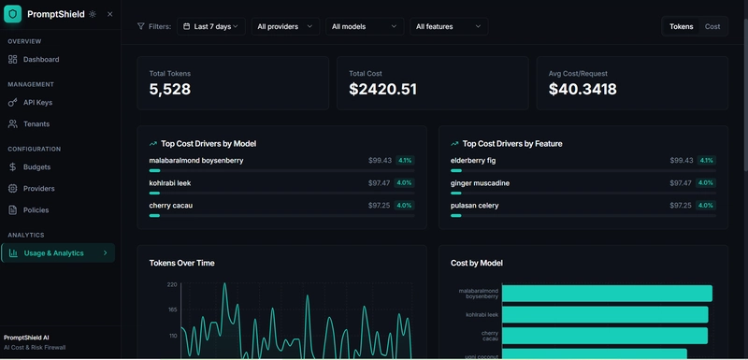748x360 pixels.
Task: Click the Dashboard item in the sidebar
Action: click(40, 60)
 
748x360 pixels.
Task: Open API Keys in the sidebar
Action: click(37, 102)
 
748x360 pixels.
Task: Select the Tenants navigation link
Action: click(36, 123)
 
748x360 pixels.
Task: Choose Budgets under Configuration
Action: click(36, 166)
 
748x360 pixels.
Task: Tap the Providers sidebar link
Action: click(38, 188)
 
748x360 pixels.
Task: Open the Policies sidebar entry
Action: click(36, 209)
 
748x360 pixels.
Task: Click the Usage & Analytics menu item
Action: click(53, 252)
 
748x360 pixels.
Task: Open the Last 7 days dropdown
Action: click(211, 26)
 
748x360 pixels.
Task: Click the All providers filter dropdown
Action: click(284, 26)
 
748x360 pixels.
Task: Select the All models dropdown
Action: click(365, 26)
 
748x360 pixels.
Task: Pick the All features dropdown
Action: click(449, 26)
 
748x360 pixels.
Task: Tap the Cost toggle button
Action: click(712, 26)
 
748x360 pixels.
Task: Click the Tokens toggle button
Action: click(682, 26)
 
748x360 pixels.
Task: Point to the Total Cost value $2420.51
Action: click(382, 90)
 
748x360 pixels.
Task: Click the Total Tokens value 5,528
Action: click(170, 90)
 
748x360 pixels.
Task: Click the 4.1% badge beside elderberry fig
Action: click(706, 161)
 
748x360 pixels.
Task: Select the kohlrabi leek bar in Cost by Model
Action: click(605, 314)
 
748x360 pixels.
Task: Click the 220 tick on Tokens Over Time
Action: click(172, 284)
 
